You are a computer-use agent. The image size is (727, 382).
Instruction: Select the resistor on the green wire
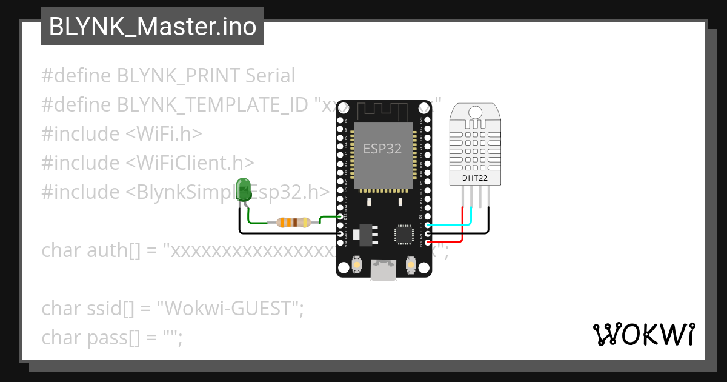pyautogui.click(x=294, y=223)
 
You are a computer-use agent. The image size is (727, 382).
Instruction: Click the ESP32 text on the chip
pyautogui.click(x=382, y=149)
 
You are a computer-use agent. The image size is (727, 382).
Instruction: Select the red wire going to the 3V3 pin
pyautogui.click(x=448, y=242)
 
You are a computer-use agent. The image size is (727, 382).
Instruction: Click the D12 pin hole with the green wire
pyautogui.click(x=340, y=216)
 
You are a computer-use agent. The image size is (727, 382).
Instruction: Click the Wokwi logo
pyautogui.click(x=643, y=335)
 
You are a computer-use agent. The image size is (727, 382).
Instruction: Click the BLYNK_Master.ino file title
pyautogui.click(x=152, y=27)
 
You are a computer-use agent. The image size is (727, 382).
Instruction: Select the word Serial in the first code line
pyautogui.click(x=270, y=76)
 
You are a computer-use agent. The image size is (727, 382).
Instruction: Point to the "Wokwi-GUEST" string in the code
pyautogui.click(x=227, y=308)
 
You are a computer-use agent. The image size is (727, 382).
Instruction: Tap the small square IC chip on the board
pyautogui.click(x=403, y=234)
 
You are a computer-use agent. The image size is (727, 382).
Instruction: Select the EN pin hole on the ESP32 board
pyautogui.click(x=340, y=121)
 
